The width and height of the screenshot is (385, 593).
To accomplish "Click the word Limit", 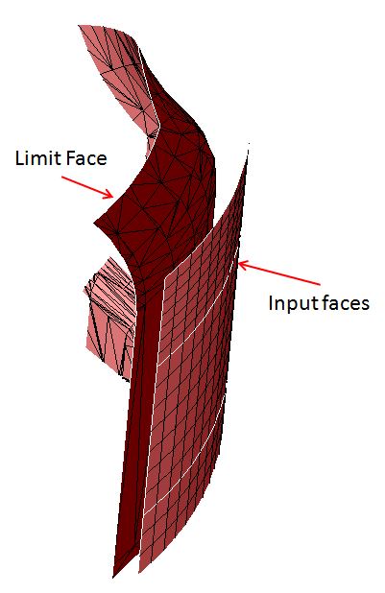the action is (x=37, y=158).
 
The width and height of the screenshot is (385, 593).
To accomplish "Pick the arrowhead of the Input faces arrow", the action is (x=243, y=264).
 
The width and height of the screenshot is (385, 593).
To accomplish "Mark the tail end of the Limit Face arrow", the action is (x=61, y=177).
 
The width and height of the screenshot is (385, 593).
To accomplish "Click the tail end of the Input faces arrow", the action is (x=320, y=284).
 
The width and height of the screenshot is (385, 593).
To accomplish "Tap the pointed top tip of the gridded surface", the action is (x=249, y=144).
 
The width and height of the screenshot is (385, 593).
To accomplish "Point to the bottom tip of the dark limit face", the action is (x=113, y=578).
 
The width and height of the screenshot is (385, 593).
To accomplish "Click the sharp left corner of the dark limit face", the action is (x=94, y=224).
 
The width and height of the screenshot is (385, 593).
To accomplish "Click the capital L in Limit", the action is (x=19, y=158).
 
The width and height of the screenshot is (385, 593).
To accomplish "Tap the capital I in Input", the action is (x=271, y=303).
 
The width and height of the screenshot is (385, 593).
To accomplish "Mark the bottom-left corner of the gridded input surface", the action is (x=139, y=572).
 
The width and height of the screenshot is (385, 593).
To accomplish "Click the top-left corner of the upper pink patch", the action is (x=79, y=25).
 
